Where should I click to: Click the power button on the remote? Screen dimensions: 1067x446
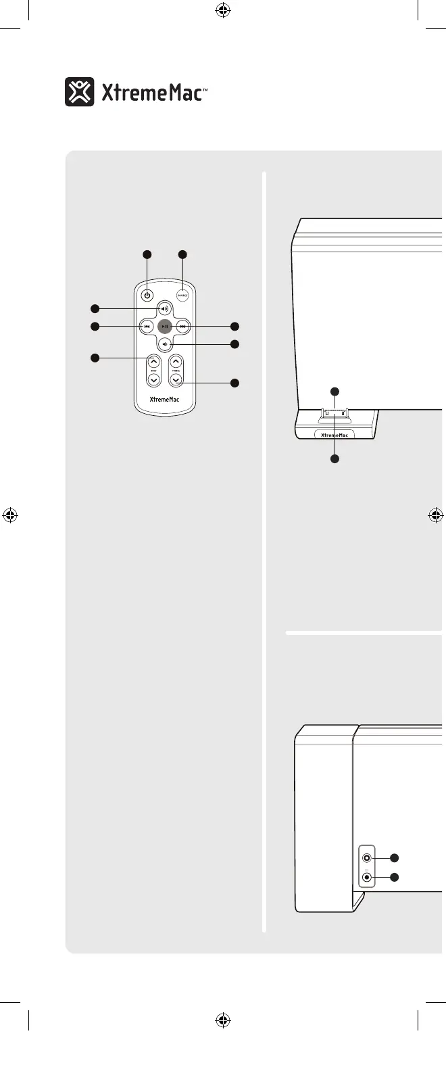tap(147, 295)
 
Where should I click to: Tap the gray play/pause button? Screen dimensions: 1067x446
tap(165, 327)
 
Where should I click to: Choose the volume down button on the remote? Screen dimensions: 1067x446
tap(165, 344)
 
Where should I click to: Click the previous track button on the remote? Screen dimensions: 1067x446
tap(147, 327)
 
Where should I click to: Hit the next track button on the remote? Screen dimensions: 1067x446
tap(182, 327)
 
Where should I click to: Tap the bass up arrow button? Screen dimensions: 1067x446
tap(153, 362)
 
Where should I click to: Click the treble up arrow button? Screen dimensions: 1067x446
tap(176, 362)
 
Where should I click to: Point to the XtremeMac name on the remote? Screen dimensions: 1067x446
tap(164, 400)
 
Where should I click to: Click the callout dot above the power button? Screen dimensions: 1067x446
tap(147, 254)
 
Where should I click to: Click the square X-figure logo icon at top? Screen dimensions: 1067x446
tap(80, 92)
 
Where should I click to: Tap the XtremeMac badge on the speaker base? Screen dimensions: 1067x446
tap(334, 435)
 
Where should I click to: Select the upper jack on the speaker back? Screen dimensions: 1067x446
tap(367, 857)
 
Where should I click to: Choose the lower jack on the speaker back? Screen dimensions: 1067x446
tap(367, 878)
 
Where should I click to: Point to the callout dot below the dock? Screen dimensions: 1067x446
tap(334, 459)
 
